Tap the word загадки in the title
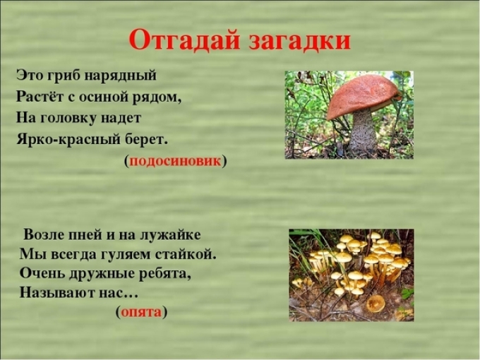(299, 41)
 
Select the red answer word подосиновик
(176, 161)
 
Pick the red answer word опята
(141, 311)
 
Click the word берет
(148, 137)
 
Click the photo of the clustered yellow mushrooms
(351, 275)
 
